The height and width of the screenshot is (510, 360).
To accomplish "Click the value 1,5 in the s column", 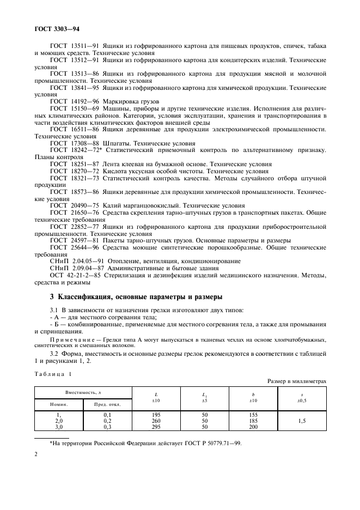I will (302, 421).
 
